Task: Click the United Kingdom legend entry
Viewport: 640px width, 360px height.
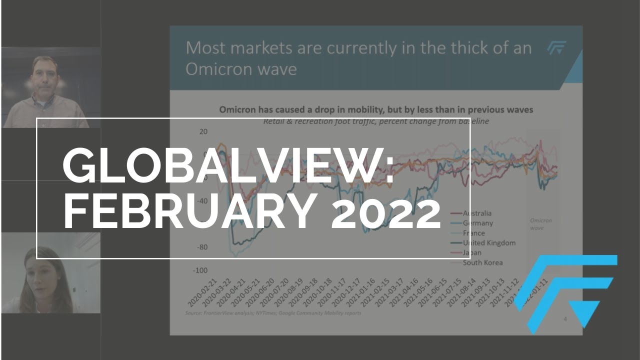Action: click(488, 243)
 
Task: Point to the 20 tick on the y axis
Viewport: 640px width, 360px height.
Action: click(203, 131)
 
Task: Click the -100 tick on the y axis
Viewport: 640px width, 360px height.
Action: click(200, 270)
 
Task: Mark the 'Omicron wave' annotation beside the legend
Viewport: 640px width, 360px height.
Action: click(541, 224)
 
